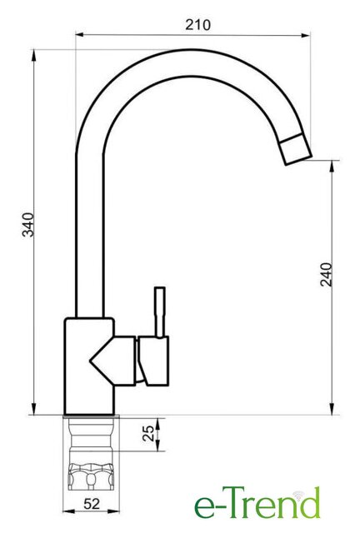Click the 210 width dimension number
point(197,24)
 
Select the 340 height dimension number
point(27,224)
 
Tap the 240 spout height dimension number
point(326,274)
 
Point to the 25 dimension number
point(148,433)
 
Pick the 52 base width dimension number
point(92,503)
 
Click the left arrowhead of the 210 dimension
point(79,35)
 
